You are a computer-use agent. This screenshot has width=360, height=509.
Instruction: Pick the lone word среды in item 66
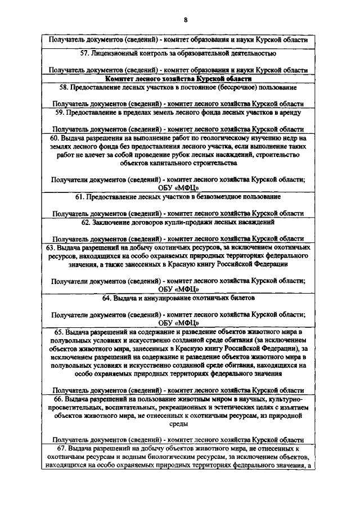click(x=178, y=426)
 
